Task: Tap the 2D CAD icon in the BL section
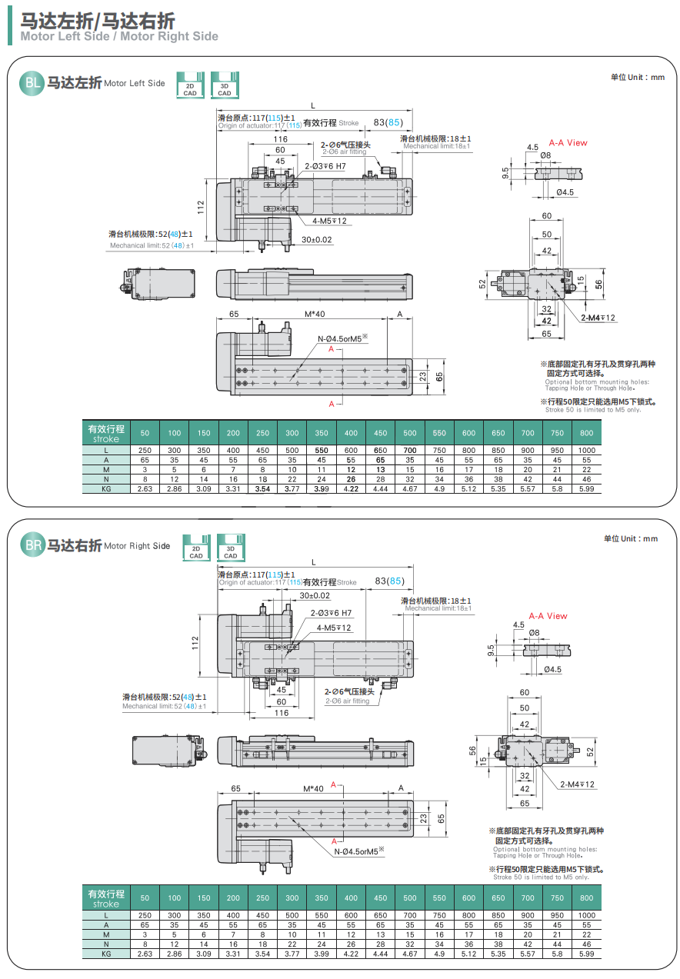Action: [190, 84]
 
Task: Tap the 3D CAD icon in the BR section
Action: [230, 546]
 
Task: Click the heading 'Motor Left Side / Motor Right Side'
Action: [119, 36]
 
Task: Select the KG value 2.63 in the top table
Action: [145, 488]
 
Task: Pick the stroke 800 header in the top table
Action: [586, 433]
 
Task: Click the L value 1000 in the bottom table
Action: [586, 915]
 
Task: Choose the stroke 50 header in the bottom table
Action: [145, 897]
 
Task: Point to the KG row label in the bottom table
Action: [106, 954]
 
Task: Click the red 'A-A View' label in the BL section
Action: [568, 143]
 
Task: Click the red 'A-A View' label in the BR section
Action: [548, 616]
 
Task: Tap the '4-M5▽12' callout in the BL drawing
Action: [330, 221]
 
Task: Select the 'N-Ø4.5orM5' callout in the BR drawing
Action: [358, 851]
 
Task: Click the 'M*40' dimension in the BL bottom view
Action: [315, 314]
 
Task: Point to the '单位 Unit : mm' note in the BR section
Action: [631, 538]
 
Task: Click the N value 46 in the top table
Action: [586, 478]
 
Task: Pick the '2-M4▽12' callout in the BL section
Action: [598, 318]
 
